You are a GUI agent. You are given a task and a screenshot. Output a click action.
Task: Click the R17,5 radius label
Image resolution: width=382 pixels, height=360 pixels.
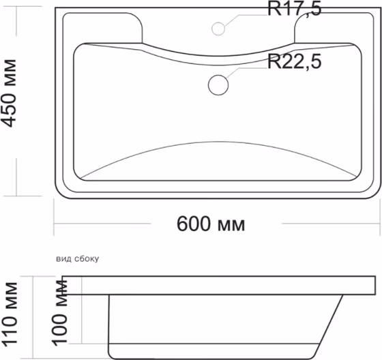point(294,9)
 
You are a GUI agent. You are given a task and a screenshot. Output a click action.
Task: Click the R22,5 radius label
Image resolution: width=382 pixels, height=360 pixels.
point(294,61)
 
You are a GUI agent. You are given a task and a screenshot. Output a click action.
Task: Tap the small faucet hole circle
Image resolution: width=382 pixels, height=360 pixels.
point(218,29)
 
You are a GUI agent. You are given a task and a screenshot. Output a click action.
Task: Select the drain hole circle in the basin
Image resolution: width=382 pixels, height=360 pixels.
point(218,85)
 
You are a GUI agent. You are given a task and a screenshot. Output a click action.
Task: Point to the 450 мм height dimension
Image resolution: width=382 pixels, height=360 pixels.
point(10,93)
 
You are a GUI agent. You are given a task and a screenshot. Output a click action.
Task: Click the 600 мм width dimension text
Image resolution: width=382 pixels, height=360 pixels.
point(211,224)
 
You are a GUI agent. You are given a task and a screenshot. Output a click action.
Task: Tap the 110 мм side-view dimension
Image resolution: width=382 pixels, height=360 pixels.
point(10,314)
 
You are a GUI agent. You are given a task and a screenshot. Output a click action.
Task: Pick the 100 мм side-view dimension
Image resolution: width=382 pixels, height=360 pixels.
point(60,313)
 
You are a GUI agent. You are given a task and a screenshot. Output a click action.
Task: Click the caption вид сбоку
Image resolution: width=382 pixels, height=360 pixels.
point(78,258)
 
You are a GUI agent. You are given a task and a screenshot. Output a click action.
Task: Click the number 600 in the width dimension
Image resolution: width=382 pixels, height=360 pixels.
point(194,224)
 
